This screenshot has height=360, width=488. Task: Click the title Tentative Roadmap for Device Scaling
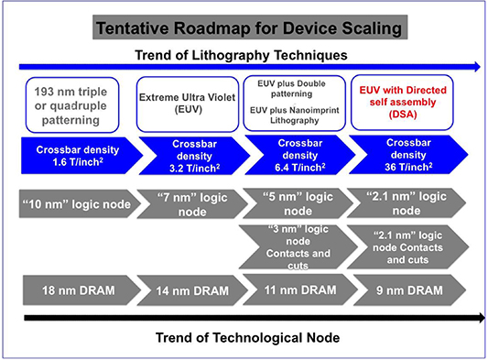[244, 27]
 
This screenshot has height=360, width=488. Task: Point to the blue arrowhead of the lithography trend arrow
[475, 66]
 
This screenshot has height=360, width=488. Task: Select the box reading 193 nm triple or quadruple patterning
[76, 103]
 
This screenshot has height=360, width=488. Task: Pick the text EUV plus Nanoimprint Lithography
[296, 115]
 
